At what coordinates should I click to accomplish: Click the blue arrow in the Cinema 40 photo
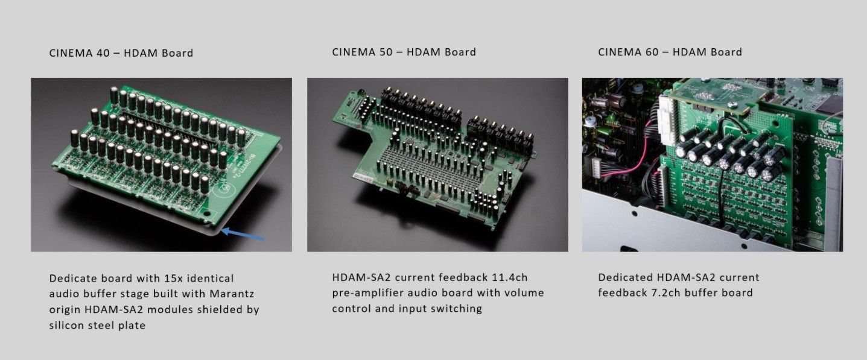(243, 234)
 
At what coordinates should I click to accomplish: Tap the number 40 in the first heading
(101, 53)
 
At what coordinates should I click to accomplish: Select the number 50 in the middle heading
(384, 52)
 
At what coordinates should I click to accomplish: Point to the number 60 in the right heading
(649, 52)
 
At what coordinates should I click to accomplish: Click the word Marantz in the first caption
(232, 294)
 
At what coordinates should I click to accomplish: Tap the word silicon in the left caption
(64, 325)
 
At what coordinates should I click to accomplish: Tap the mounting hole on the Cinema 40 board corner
(206, 213)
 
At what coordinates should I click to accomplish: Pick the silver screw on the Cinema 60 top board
(731, 104)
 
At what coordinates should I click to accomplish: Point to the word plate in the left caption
(132, 326)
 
